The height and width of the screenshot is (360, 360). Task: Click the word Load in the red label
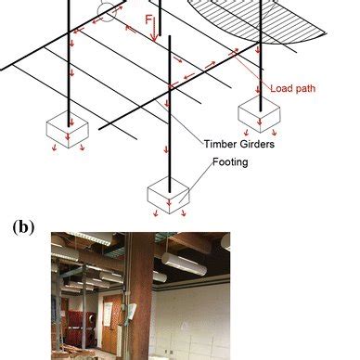click(x=279, y=89)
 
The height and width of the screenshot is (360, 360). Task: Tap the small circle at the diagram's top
click(x=109, y=11)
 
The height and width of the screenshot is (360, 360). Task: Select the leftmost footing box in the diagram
click(x=68, y=127)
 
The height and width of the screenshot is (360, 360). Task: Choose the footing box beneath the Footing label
click(x=169, y=193)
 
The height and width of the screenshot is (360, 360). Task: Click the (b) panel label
click(x=26, y=225)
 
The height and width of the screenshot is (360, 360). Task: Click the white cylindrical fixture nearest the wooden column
click(x=180, y=269)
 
